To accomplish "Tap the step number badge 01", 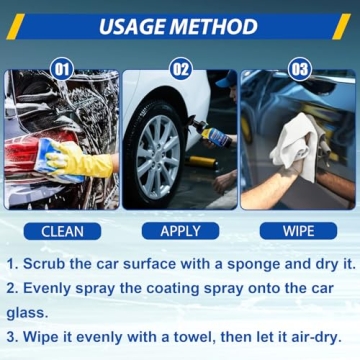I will [61, 70].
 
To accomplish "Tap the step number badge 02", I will [180, 70].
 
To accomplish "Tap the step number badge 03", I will [299, 70].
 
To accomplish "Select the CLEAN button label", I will [62, 231].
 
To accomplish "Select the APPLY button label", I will [180, 231].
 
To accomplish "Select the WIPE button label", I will [298, 231].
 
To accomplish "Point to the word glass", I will [27, 313].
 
